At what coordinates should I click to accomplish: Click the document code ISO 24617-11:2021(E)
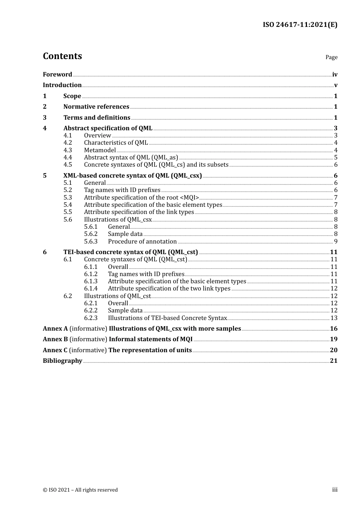click(x=300, y=25)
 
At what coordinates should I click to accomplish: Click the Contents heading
click(x=62, y=56)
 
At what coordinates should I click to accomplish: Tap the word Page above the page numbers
click(x=331, y=57)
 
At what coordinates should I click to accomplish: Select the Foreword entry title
click(x=57, y=75)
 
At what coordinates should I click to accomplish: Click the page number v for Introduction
click(x=335, y=85)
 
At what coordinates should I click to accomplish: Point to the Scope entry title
click(x=72, y=96)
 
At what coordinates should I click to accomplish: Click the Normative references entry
click(x=96, y=107)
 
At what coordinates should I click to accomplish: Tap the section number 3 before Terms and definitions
click(x=45, y=118)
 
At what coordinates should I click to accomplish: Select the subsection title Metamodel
click(x=100, y=150)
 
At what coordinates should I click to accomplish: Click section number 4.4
click(x=68, y=158)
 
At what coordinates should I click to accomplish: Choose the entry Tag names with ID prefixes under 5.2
click(x=122, y=190)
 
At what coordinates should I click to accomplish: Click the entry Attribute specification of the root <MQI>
click(x=141, y=198)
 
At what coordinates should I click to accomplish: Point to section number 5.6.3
click(x=91, y=242)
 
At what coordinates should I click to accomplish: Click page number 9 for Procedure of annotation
click(x=335, y=242)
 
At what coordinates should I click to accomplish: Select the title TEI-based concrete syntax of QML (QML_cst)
click(x=131, y=252)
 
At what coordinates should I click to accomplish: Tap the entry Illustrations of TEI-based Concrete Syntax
click(x=167, y=318)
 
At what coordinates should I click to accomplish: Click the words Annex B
click(x=55, y=339)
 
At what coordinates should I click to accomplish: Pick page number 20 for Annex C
click(x=333, y=350)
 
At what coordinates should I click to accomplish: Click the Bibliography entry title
click(x=63, y=361)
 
